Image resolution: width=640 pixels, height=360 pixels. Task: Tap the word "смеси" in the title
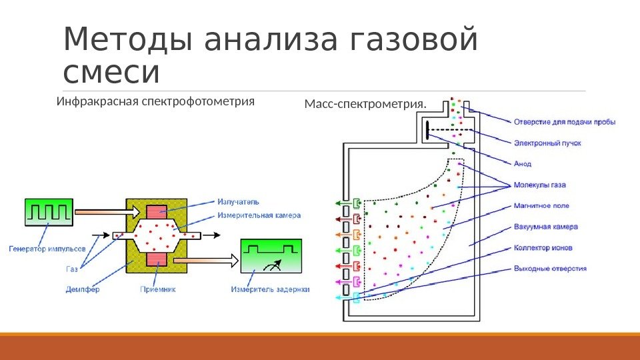pyautogui.click(x=111, y=73)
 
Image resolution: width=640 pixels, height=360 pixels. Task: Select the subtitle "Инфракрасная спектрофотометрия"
pyautogui.click(x=156, y=102)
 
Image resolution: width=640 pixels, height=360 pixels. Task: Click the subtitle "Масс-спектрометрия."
pyautogui.click(x=365, y=104)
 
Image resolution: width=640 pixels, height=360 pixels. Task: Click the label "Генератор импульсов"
pyautogui.click(x=47, y=249)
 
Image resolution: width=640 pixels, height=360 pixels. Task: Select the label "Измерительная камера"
pyautogui.click(x=259, y=215)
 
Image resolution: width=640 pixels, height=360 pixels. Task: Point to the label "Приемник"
pyautogui.click(x=158, y=289)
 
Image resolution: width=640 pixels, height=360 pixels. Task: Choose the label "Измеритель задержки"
pyautogui.click(x=271, y=289)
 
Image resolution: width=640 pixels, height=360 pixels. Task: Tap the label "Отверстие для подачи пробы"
pyautogui.click(x=565, y=121)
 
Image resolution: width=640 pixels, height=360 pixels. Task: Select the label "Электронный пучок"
pyautogui.click(x=539, y=142)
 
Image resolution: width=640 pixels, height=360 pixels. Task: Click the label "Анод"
pyautogui.click(x=523, y=163)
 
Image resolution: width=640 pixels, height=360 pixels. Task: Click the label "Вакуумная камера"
pyautogui.click(x=546, y=227)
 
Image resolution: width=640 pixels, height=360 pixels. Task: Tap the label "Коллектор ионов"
pyautogui.click(x=543, y=247)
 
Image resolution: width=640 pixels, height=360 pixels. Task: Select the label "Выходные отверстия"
pyautogui.click(x=550, y=269)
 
